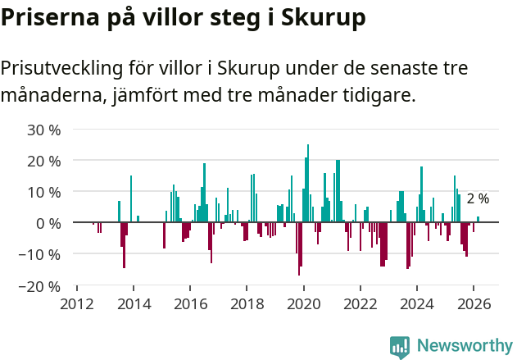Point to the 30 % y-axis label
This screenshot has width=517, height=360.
coord(44,130)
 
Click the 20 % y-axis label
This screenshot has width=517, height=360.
coord(44,161)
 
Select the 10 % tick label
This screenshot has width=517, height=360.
coord(44,192)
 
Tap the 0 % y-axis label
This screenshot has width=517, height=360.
coord(48,223)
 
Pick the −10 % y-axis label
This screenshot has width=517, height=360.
coord(41,254)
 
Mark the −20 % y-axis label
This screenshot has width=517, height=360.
coord(41,286)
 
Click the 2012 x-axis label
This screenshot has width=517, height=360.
coord(77,303)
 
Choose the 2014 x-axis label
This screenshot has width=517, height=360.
coord(134,303)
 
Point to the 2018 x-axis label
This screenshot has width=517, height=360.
coord(247,303)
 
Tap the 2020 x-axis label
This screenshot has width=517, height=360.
coord(303,303)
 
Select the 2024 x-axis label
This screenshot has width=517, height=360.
coord(416,303)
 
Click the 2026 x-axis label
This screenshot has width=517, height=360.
coord(473,303)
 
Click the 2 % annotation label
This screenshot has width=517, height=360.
coord(478,198)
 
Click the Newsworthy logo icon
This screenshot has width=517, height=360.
coord(400,346)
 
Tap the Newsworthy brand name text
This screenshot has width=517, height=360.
coord(465,345)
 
